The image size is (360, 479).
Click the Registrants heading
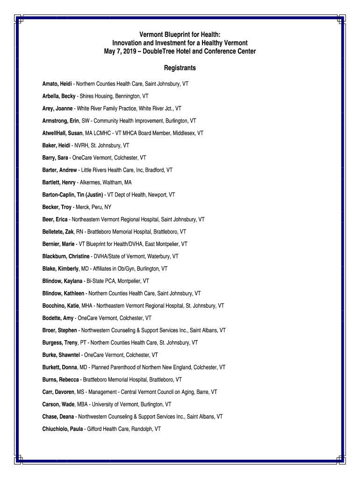[x=180, y=68]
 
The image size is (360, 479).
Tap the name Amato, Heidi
[x=57, y=84]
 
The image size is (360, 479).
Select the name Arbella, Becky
[x=59, y=96]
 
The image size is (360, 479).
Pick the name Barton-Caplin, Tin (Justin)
[x=73, y=195]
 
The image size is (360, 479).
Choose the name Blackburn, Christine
[x=66, y=256]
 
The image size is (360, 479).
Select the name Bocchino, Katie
[x=61, y=305]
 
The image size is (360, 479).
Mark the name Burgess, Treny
[x=60, y=342]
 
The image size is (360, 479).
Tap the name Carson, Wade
[x=58, y=404]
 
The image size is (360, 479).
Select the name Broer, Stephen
[x=60, y=330]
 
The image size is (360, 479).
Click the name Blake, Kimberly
[x=60, y=269]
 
